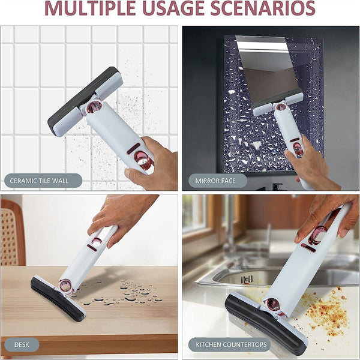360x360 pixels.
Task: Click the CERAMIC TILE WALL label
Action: click(x=44, y=180)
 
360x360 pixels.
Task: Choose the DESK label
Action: click(x=22, y=344)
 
